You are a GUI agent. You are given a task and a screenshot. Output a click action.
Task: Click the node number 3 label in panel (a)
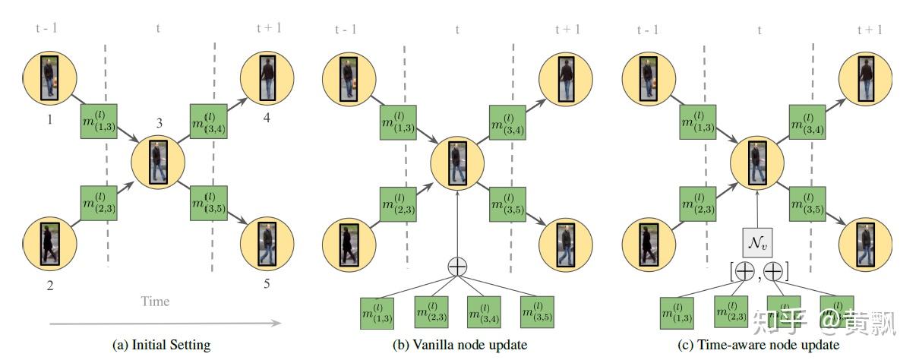[x=159, y=122]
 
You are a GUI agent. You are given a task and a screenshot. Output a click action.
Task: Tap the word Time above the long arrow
[x=155, y=301]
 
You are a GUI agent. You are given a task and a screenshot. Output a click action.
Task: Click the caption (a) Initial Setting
[x=161, y=345]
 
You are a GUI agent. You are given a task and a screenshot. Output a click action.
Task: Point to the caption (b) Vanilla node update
[x=459, y=345]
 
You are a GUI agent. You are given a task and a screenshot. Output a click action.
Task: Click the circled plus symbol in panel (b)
[x=458, y=267]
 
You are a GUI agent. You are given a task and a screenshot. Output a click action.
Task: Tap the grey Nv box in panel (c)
[x=758, y=242]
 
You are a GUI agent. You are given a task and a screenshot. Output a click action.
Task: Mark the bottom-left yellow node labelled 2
[x=49, y=244]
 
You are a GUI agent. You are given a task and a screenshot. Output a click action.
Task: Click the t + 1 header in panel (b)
[x=567, y=30]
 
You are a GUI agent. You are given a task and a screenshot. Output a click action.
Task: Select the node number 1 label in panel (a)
[x=49, y=120]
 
